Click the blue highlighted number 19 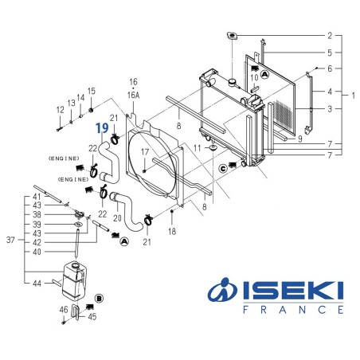tap(102, 127)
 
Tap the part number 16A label tap(134, 93)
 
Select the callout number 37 tap(10, 239)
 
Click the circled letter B tap(99, 298)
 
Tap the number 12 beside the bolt tap(60, 109)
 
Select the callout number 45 tap(92, 316)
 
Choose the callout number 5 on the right tap(329, 53)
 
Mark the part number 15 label tap(92, 91)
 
